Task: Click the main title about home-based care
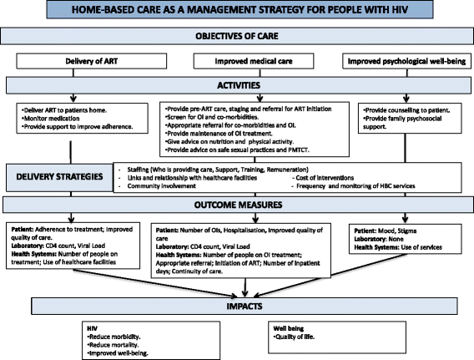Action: pyautogui.click(x=237, y=9)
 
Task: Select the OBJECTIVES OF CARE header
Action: pyautogui.click(x=237, y=37)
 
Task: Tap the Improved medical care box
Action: pyautogui.click(x=236, y=60)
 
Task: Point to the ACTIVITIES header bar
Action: pyautogui.click(x=237, y=84)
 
